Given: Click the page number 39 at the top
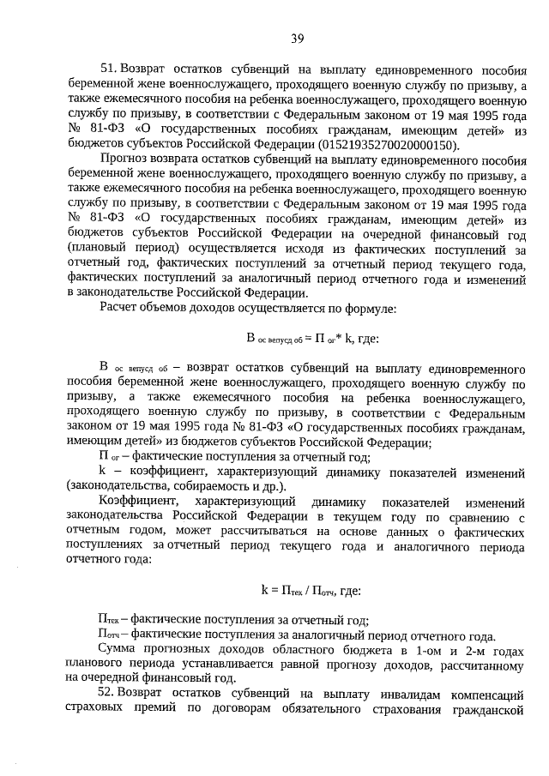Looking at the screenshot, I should point(298,37).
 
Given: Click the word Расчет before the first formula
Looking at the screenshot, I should point(118,308).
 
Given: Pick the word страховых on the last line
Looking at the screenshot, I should point(93,708).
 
